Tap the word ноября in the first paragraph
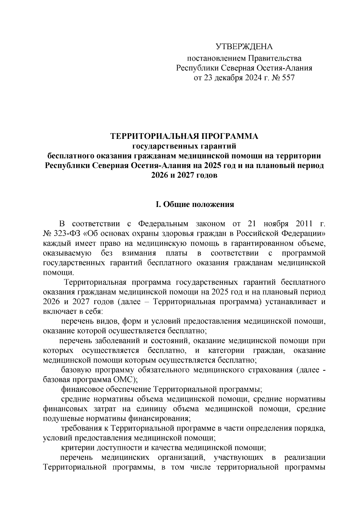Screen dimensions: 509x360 tap(276, 224)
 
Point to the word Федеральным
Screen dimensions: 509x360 tap(163, 224)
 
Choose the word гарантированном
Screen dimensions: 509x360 tap(235, 243)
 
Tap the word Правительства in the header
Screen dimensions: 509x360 tap(275, 58)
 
